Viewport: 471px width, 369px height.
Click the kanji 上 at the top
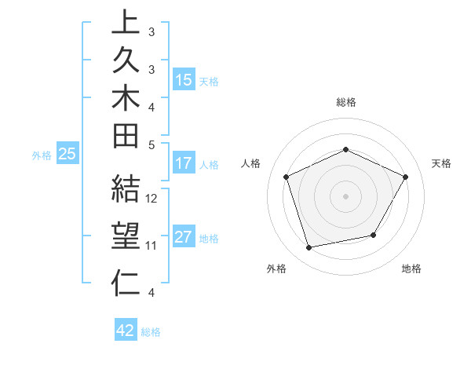126,23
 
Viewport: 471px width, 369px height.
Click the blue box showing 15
184,79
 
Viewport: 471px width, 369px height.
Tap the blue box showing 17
184,164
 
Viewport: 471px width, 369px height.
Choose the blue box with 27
184,238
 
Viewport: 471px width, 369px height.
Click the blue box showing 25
68,155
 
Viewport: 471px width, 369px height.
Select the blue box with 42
126,331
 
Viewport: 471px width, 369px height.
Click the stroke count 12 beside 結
152,199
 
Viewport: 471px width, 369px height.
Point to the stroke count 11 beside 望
152,246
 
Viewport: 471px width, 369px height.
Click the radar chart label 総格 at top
346,102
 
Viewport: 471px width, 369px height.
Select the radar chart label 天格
441,163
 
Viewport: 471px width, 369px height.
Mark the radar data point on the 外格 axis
309,248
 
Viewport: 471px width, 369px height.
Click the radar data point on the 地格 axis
374,235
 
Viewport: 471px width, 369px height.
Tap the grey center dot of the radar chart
346,196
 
